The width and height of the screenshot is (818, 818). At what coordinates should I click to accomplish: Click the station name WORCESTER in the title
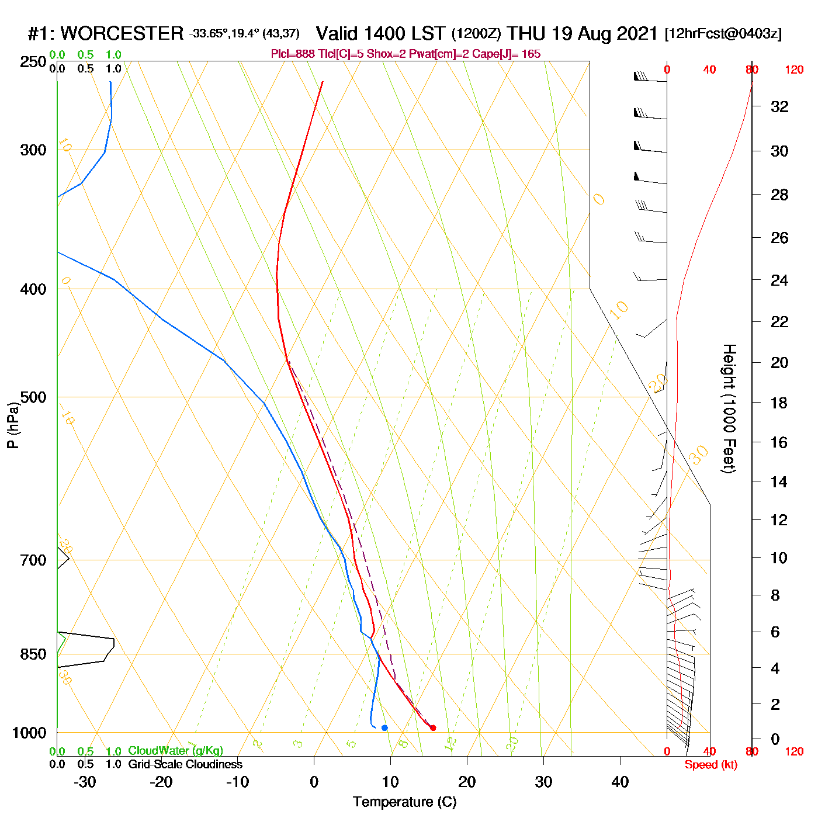coord(122,33)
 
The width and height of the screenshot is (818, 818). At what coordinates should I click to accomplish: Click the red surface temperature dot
coord(433,728)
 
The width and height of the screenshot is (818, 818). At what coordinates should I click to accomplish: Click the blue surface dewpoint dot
coord(384,728)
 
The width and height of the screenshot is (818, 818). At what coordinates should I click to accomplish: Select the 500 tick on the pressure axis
coord(33,397)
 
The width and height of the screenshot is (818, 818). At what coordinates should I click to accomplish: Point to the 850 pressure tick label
coord(33,654)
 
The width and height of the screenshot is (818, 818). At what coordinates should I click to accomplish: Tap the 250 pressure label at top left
coord(33,62)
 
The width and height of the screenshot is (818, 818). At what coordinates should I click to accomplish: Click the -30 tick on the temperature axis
coord(85,782)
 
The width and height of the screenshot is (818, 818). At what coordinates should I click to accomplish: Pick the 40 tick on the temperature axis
coord(620,782)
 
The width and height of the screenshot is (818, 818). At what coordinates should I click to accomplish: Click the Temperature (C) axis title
coord(404,802)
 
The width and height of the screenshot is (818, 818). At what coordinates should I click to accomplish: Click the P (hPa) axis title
coord(13,425)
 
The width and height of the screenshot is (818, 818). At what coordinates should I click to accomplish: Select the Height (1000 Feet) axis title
coord(729,408)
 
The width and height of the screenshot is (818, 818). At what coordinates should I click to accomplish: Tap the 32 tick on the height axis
coord(779,106)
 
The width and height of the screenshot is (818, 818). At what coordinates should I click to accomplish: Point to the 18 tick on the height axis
coord(779,403)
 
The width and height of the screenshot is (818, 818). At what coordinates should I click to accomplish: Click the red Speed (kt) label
coord(710,765)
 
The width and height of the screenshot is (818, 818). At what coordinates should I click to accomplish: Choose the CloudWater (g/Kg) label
coord(175,751)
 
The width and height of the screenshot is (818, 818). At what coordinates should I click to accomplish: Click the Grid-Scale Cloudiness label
coord(185,764)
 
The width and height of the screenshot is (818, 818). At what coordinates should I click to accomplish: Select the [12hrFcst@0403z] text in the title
coord(723,34)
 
